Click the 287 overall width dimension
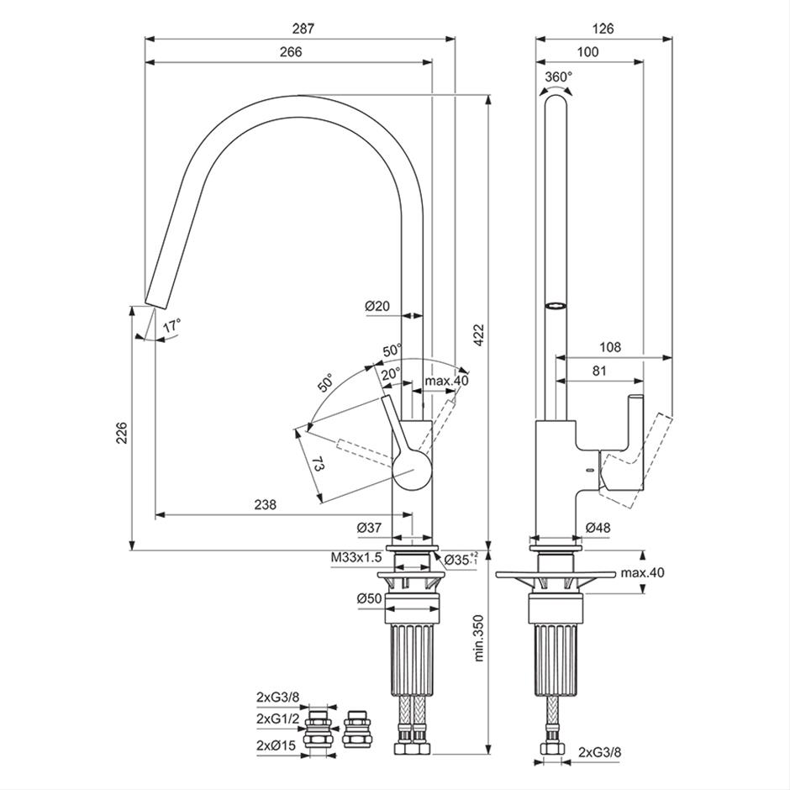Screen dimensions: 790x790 tap(303, 29)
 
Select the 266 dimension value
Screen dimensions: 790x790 tap(291, 52)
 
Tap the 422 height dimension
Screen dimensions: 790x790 tap(478, 335)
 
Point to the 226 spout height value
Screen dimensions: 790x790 tap(122, 433)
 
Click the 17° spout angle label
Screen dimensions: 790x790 tap(171, 325)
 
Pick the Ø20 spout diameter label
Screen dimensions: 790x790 tap(377, 306)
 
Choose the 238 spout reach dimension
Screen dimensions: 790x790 tap(266, 504)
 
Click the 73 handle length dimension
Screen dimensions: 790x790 tap(318, 464)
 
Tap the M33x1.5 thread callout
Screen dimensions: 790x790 tap(356, 557)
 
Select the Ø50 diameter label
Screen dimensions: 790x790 tap(369, 598)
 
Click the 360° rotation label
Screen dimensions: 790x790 tap(559, 77)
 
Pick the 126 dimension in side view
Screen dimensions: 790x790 tap(603, 29)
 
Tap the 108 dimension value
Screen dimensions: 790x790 tap(610, 347)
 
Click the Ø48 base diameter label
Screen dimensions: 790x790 tap(598, 528)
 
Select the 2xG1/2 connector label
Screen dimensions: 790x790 tap(277, 718)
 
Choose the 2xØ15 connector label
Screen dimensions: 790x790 tap(276, 745)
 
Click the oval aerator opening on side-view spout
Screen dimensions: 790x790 tap(556, 305)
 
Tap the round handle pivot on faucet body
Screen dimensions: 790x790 tap(412, 470)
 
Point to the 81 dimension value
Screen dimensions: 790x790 tap(599, 371)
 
